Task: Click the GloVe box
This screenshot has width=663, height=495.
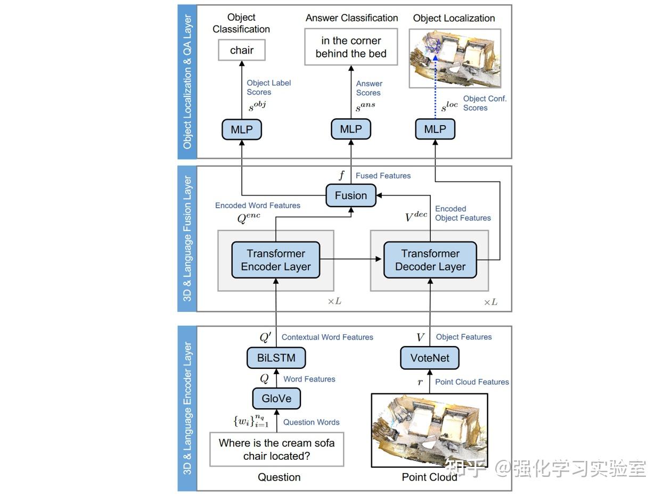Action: click(276, 398)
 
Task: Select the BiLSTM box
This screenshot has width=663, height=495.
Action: click(276, 358)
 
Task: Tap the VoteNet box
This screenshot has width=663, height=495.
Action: click(429, 358)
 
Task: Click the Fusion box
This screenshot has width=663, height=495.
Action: click(350, 195)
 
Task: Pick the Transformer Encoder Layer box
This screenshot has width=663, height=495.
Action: click(275, 260)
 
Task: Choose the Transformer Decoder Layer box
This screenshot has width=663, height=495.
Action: click(430, 260)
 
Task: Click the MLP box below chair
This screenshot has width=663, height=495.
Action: click(242, 129)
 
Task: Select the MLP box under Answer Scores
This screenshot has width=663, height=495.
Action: click(351, 129)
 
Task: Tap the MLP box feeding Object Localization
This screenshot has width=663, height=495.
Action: click(435, 129)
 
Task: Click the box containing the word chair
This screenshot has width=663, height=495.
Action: click(242, 51)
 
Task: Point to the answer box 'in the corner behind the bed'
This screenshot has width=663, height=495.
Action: click(351, 47)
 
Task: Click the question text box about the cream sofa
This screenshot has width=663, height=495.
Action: click(276, 449)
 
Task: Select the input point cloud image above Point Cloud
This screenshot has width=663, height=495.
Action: click(429, 430)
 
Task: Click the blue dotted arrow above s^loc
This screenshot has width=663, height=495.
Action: click(435, 85)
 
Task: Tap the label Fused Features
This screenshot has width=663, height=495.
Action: click(383, 176)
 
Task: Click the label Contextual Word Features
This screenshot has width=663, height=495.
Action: click(327, 337)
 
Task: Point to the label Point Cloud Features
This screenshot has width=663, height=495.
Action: click(472, 382)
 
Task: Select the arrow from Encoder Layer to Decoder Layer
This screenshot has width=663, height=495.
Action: click(351, 259)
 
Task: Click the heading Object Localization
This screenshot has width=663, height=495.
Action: click(454, 18)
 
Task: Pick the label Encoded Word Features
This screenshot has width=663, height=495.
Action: click(257, 205)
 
